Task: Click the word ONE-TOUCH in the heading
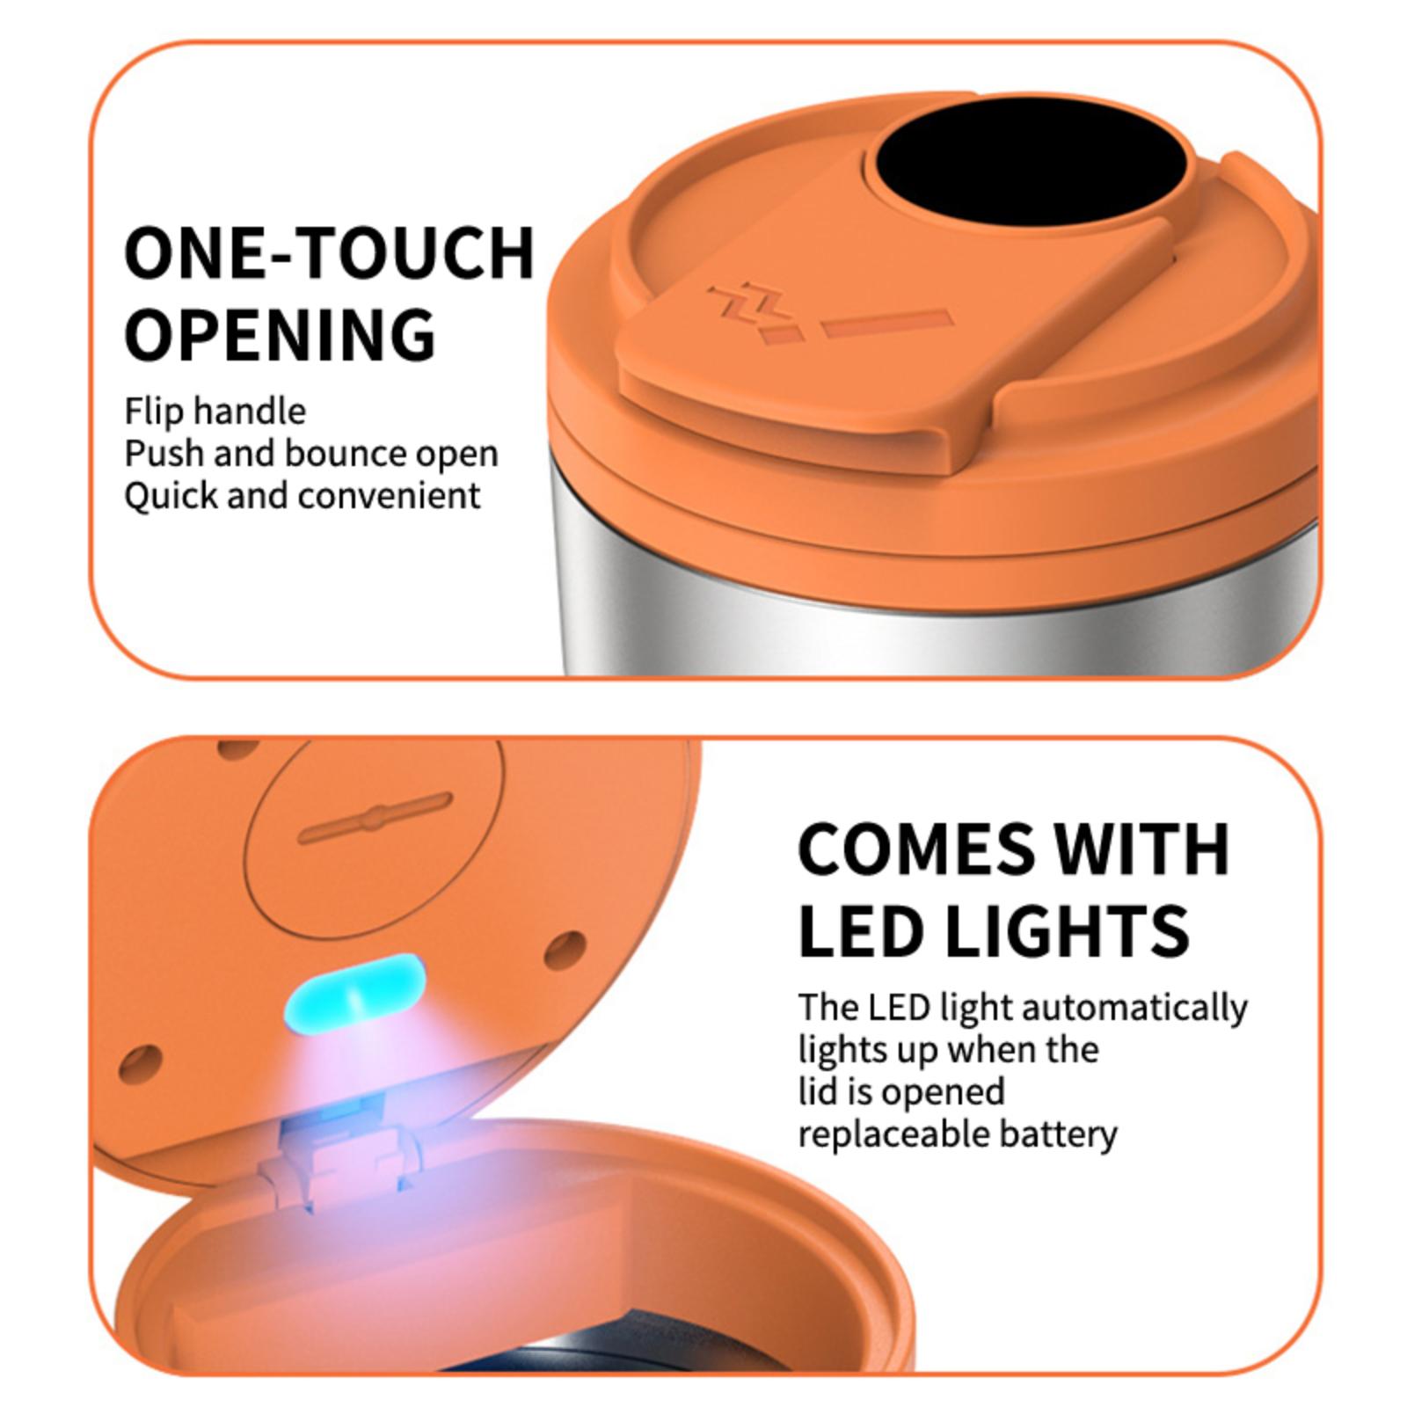click(x=330, y=253)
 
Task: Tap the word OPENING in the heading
click(x=281, y=334)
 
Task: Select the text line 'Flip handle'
click(x=215, y=412)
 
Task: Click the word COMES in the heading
click(x=916, y=849)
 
